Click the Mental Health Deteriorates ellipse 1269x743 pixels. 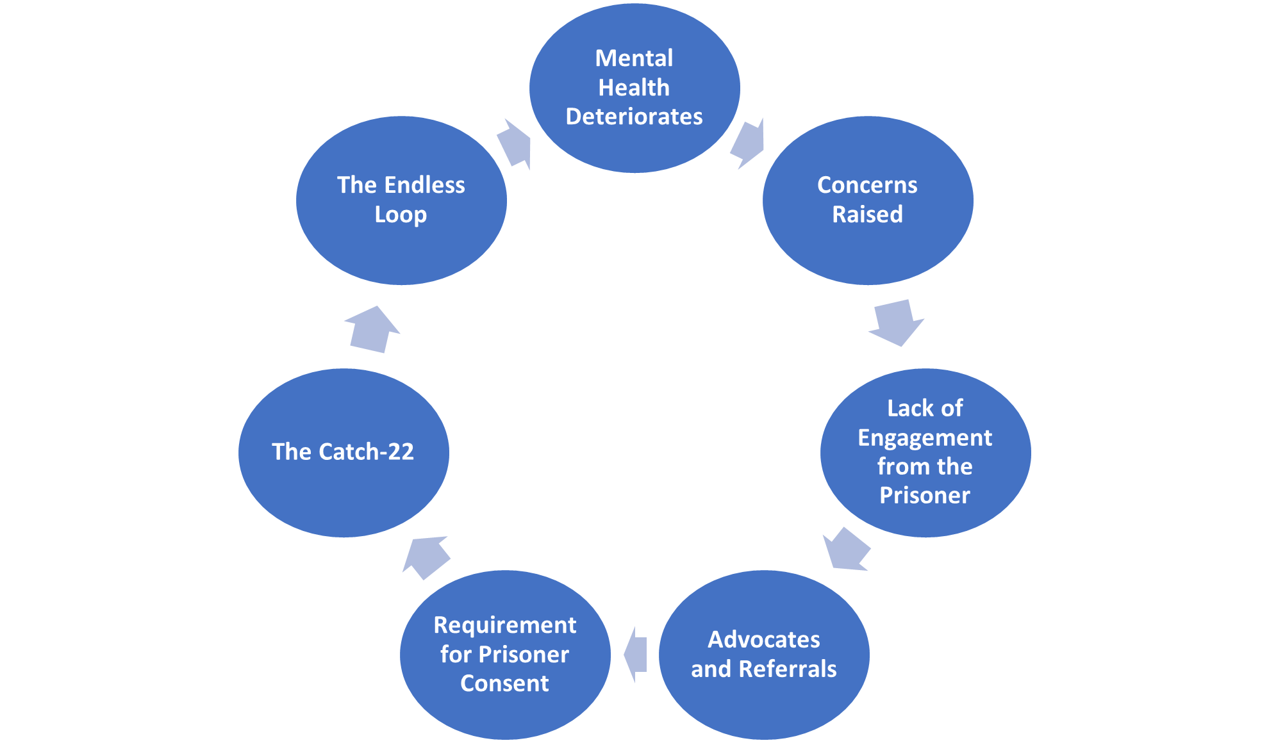pyautogui.click(x=634, y=88)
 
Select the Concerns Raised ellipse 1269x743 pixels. pyautogui.click(x=868, y=200)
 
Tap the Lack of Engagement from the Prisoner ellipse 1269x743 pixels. pyautogui.click(x=925, y=453)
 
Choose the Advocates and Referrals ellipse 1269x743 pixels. pyautogui.click(x=764, y=655)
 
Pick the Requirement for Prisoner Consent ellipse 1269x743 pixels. pyautogui.click(x=505, y=655)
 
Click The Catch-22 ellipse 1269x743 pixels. pyautogui.click(x=344, y=453)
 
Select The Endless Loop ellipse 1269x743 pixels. pyautogui.click(x=401, y=200)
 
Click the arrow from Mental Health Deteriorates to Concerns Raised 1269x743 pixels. pyautogui.click(x=748, y=143)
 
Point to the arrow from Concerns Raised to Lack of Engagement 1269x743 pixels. pyautogui.click(x=896, y=323)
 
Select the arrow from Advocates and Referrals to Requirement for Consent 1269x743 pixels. pyautogui.click(x=635, y=655)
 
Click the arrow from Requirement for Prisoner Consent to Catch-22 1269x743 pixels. pyautogui.click(x=426, y=557)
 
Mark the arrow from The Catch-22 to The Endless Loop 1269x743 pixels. pyautogui.click(x=372, y=329)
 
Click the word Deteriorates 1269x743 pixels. pyautogui.click(x=634, y=117)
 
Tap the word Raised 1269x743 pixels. pyautogui.click(x=868, y=214)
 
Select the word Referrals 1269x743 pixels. pyautogui.click(x=788, y=669)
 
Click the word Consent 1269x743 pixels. pyautogui.click(x=505, y=683)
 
